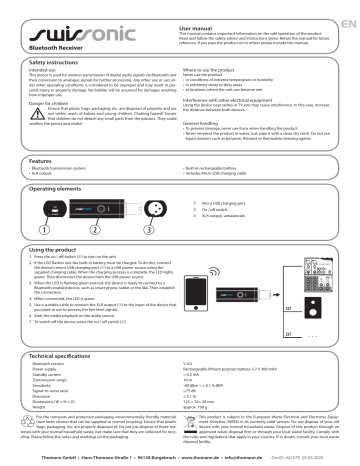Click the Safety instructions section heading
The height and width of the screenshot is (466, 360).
48,61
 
